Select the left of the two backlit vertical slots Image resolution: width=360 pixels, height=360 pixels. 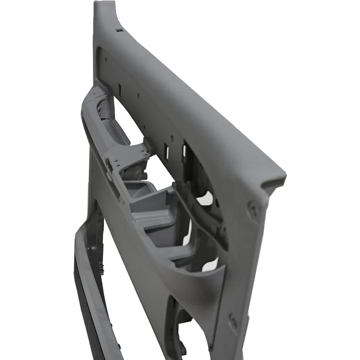[x=166, y=150]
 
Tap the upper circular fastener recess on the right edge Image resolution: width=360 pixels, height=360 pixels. [x=253, y=208]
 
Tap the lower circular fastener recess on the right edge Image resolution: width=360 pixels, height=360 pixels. [x=234, y=320]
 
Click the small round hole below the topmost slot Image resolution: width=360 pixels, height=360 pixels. [x=104, y=58]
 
